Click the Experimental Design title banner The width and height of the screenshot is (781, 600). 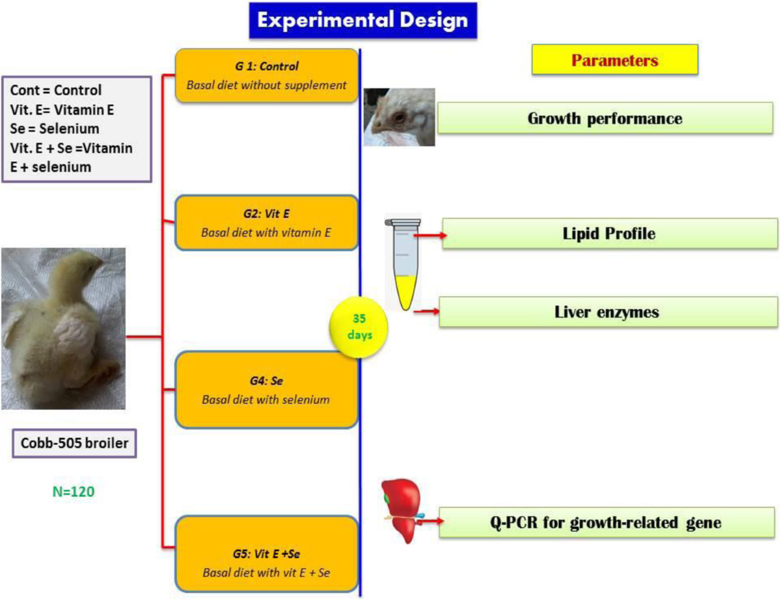point(363,20)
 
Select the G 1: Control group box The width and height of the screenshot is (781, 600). point(267,75)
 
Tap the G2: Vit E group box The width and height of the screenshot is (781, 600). point(267,223)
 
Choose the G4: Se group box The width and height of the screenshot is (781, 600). point(267,389)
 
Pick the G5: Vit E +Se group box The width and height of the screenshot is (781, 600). point(267,553)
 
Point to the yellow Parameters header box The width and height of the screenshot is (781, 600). point(615,61)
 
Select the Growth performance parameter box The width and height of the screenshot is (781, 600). point(605,119)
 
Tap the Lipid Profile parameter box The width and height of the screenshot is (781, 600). point(609,233)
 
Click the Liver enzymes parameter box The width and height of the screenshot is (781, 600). point(607,312)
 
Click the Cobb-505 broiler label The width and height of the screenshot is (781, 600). point(74,446)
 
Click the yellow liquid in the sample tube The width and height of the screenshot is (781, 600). point(404,291)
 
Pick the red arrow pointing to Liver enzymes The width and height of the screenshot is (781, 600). point(426,312)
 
